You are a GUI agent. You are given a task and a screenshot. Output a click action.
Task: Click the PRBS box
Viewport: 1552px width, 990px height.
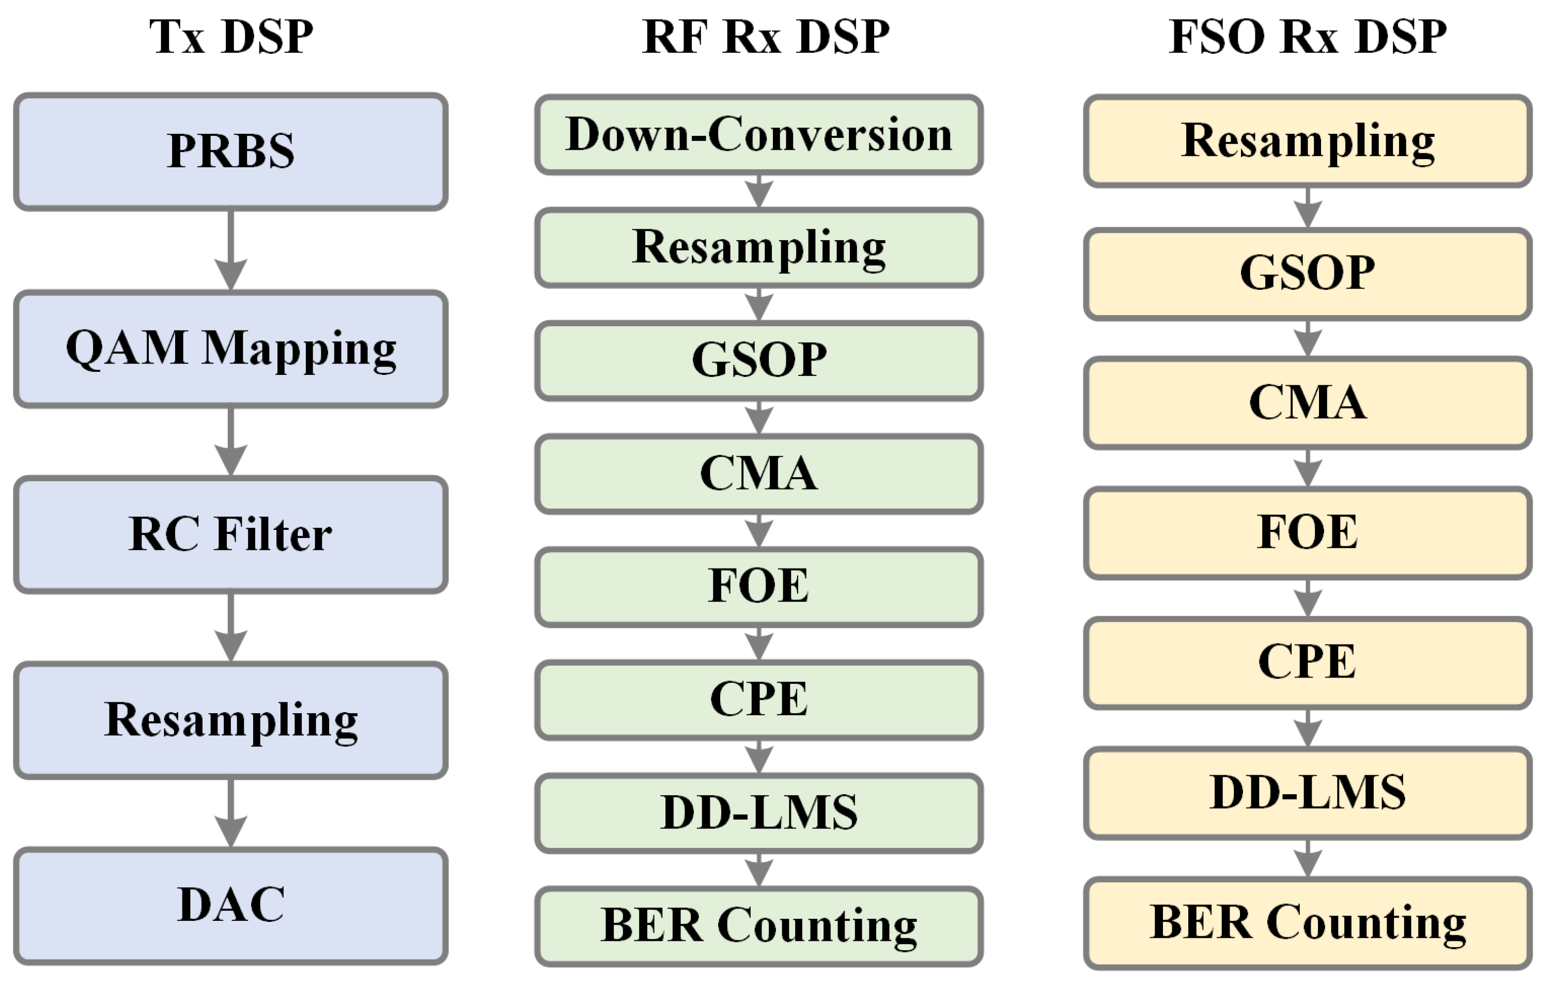tap(231, 151)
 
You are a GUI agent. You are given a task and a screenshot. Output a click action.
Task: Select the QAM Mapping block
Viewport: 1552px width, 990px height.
tap(231, 349)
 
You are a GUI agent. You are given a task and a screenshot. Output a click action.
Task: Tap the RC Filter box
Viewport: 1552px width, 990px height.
tap(231, 535)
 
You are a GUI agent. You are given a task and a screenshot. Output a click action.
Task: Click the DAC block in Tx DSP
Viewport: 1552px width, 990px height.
tap(231, 905)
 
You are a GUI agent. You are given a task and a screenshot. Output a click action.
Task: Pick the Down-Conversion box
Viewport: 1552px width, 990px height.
tap(758, 135)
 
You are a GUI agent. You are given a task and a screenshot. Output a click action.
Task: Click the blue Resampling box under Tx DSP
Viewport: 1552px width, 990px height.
tap(231, 720)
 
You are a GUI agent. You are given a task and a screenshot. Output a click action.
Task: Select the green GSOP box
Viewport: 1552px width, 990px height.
tap(758, 360)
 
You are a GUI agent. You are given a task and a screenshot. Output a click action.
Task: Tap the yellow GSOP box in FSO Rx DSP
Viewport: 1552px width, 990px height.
tap(1307, 274)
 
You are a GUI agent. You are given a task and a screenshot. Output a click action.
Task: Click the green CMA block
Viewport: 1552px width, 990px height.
tap(758, 474)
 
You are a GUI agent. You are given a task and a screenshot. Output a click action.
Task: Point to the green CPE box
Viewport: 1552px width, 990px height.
tap(758, 700)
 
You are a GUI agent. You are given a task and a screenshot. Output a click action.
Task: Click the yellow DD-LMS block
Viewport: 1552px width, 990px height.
tap(1307, 793)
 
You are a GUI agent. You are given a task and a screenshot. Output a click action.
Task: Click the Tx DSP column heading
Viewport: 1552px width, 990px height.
tap(231, 37)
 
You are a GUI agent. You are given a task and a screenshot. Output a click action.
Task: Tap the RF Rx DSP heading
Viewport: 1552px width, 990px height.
tap(765, 37)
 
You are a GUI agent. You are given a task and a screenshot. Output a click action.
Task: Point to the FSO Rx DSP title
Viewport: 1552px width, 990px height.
tap(1307, 37)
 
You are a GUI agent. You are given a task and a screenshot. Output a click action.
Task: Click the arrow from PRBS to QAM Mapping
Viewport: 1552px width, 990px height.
tap(231, 251)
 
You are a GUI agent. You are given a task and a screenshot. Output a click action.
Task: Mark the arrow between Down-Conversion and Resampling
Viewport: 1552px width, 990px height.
tap(758, 191)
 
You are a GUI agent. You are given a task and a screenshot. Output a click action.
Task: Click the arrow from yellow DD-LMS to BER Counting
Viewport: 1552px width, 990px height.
tap(1307, 859)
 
